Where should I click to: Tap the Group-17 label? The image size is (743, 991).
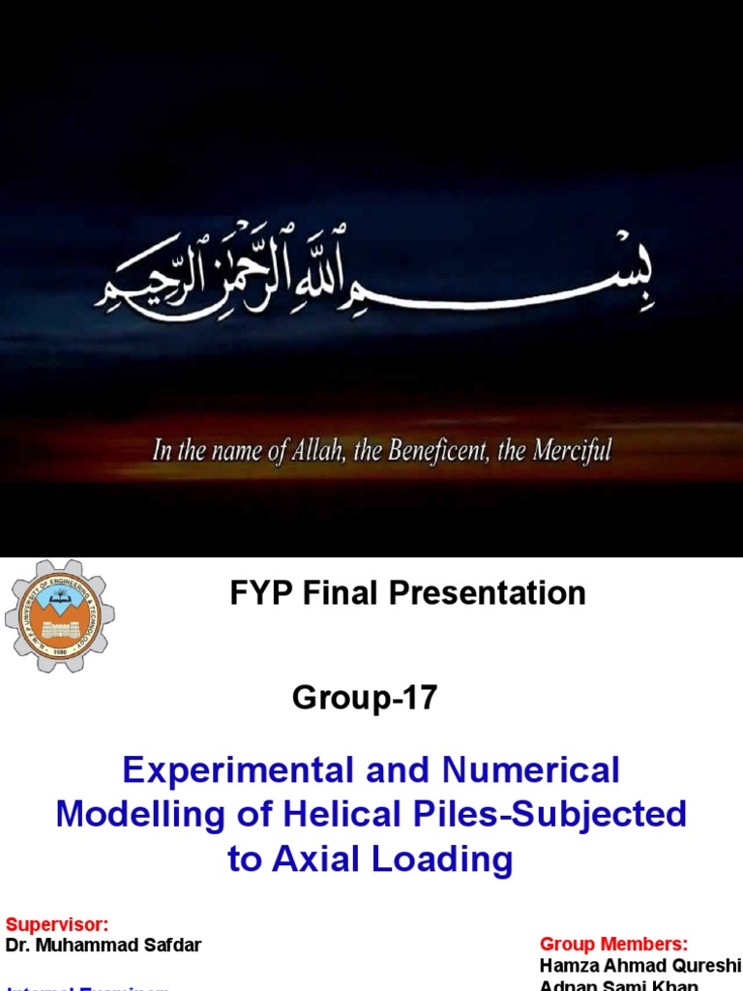tap(365, 698)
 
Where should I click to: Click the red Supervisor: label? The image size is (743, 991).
tap(57, 924)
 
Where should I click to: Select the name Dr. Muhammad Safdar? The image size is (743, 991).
tap(104, 946)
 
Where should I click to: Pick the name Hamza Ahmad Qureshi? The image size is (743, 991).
tap(639, 966)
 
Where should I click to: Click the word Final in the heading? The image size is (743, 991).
tap(339, 593)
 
